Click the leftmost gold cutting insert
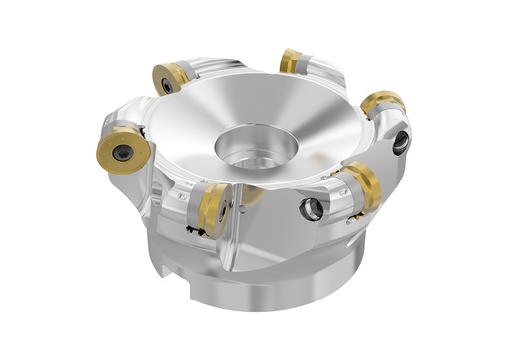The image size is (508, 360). (x=121, y=150)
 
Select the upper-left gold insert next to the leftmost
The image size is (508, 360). (x=171, y=77)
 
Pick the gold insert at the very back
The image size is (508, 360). (x=291, y=61)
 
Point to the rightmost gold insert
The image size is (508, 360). (x=382, y=103)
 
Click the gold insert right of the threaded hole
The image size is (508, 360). (x=359, y=186)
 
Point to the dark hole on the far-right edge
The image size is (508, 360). (x=401, y=143)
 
